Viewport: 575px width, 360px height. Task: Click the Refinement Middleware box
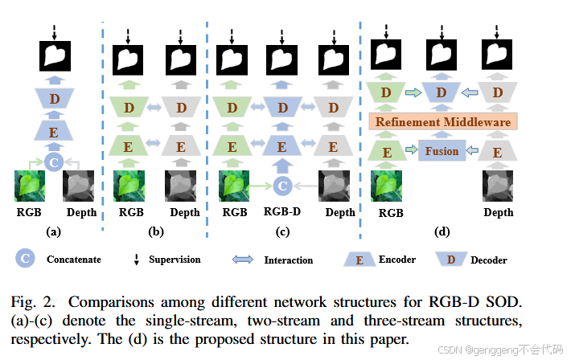(x=442, y=122)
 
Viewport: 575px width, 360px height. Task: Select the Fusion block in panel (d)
(x=442, y=150)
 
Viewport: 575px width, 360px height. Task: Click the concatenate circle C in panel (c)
(x=281, y=186)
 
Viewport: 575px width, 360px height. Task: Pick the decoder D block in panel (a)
(x=55, y=99)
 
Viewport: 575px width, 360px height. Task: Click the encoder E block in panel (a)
(x=55, y=131)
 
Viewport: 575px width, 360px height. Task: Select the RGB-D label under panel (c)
(x=281, y=213)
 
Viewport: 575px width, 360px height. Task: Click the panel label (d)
(x=442, y=232)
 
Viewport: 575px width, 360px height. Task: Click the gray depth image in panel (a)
(x=81, y=186)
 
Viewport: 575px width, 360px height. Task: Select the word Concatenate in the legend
(x=74, y=260)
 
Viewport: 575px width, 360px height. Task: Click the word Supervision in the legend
(x=175, y=260)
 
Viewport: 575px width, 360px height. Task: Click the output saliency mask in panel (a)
(x=55, y=57)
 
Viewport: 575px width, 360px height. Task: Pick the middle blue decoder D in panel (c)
(x=281, y=108)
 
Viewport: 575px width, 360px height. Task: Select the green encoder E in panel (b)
(x=128, y=147)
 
